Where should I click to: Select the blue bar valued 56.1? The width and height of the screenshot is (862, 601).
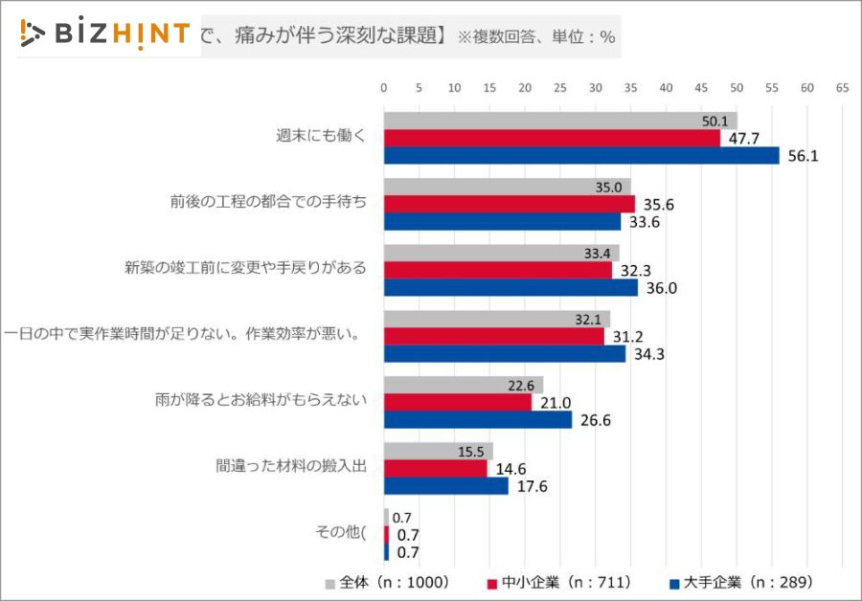pos(581,156)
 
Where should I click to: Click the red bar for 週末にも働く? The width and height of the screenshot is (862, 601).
pos(552,139)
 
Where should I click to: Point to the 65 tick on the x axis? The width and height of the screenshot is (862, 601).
pos(842,87)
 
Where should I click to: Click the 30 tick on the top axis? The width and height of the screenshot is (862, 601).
pos(595,87)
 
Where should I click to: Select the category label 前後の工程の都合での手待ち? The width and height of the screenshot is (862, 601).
pos(268,202)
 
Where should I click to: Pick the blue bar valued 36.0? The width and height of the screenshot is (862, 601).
pos(510,287)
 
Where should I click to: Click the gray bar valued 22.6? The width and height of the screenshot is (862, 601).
pos(464,385)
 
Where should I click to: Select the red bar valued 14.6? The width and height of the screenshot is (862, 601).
pos(436,468)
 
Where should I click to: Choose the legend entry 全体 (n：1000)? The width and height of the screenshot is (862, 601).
pos(387,582)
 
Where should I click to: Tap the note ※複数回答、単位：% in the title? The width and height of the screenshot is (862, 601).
pos(535,37)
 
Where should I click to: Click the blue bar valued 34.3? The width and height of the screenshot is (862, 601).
pos(505,353)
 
